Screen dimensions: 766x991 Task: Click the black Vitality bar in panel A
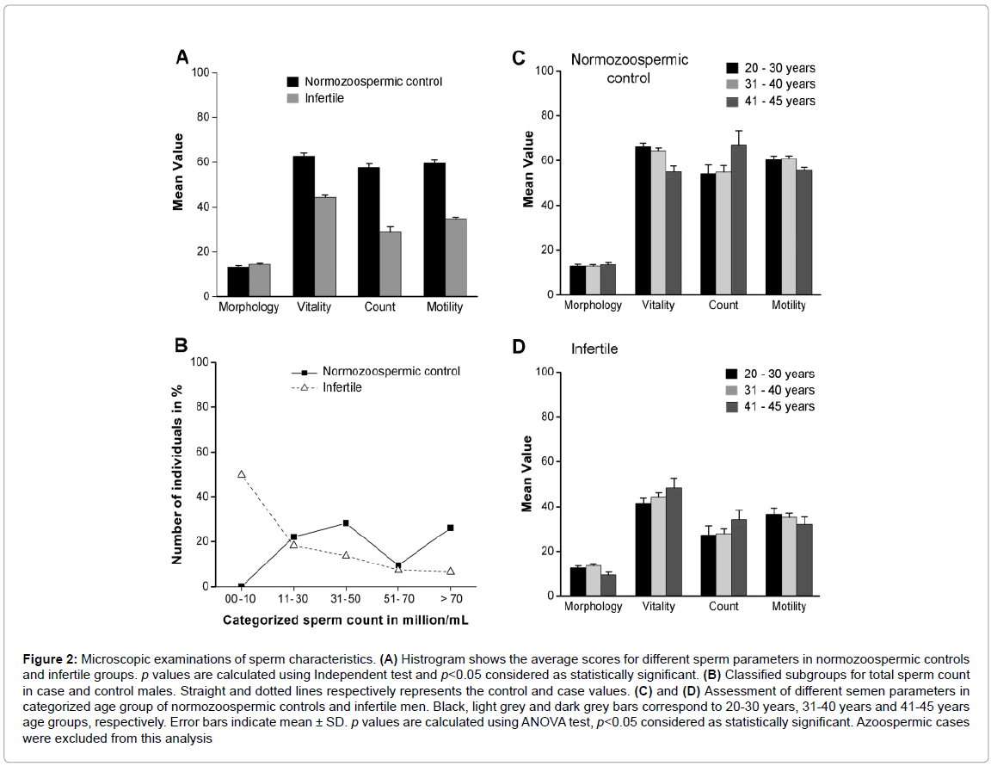click(303, 226)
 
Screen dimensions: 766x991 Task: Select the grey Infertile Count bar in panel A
click(390, 263)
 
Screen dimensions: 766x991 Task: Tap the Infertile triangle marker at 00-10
click(241, 474)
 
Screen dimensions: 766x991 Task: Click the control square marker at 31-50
click(346, 523)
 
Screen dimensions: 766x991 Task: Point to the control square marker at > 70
click(450, 528)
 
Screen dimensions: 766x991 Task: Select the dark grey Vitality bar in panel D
click(673, 541)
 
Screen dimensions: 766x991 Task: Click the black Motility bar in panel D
click(774, 555)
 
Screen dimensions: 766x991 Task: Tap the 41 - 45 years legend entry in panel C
click(771, 101)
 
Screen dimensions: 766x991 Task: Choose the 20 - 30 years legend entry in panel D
click(770, 374)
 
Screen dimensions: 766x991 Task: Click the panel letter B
click(182, 345)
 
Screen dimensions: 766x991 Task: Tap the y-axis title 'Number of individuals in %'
click(177, 474)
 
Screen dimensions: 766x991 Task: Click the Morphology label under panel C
click(594, 306)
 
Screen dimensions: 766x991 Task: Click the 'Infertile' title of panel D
click(594, 349)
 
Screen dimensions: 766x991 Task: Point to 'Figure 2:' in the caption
click(52, 658)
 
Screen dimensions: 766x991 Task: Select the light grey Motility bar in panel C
click(789, 226)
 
